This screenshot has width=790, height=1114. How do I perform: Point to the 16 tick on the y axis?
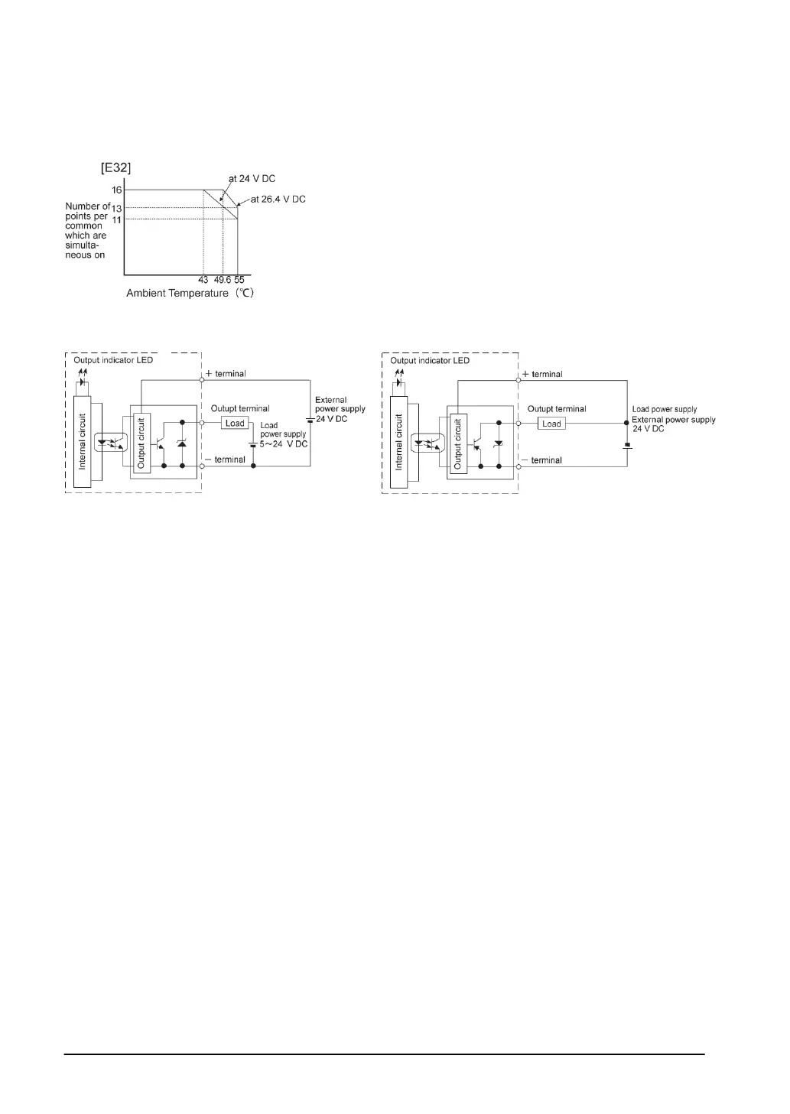click(117, 190)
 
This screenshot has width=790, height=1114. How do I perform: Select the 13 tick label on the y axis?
click(117, 208)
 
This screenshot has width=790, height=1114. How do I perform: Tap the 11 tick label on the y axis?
click(117, 219)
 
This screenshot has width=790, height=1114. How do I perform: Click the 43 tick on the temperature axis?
click(203, 280)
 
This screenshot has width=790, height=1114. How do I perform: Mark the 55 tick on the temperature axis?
click(239, 280)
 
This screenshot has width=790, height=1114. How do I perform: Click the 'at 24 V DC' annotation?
click(252, 179)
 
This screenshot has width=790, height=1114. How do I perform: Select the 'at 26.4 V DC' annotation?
click(278, 200)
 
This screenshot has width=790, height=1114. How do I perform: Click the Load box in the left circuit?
click(235, 424)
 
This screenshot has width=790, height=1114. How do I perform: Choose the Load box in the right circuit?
click(551, 424)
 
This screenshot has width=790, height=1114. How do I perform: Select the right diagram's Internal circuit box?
click(398, 442)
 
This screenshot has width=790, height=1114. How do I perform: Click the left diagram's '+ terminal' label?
click(226, 374)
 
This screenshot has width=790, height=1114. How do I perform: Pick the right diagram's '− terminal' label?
click(541, 460)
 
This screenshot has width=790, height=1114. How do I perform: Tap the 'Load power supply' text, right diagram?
click(665, 410)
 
